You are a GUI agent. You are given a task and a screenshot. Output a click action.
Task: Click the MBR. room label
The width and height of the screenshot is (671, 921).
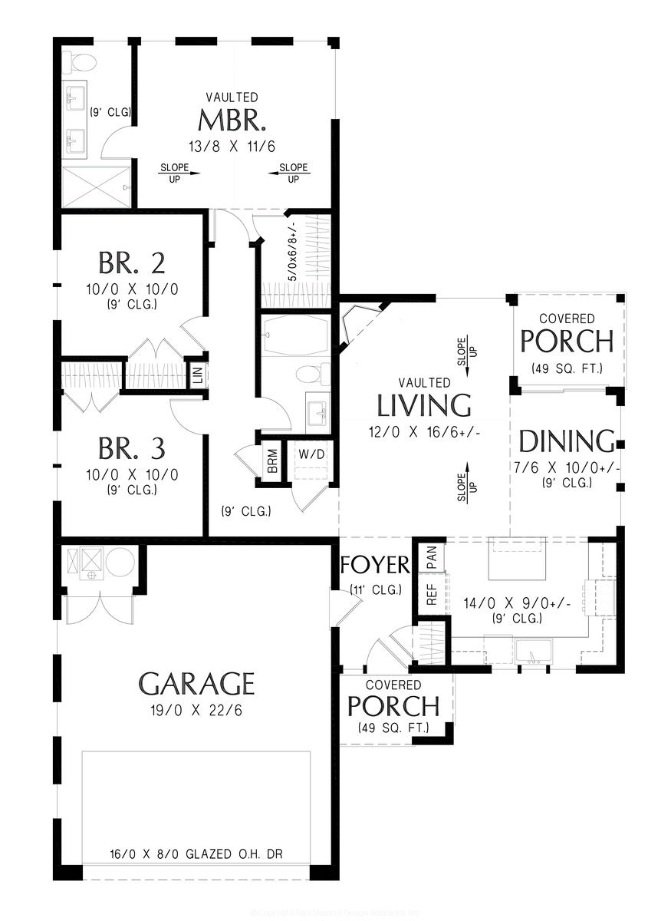[232, 121]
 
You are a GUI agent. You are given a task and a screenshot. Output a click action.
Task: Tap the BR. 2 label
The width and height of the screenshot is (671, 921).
[131, 262]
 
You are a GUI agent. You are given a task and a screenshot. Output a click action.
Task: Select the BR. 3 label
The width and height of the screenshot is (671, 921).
[131, 447]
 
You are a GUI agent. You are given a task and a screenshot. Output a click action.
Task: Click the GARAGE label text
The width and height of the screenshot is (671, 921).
[196, 682]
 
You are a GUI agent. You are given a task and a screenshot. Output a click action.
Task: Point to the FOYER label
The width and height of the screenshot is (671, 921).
[375, 565]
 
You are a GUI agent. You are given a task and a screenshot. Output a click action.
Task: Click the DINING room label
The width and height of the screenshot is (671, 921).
[567, 441]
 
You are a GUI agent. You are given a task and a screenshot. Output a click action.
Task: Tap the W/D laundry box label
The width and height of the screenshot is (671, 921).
[311, 454]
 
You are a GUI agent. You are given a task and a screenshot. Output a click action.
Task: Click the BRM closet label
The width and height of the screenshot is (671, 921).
[272, 460]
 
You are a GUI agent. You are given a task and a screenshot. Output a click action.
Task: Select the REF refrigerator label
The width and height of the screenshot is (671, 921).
[431, 595]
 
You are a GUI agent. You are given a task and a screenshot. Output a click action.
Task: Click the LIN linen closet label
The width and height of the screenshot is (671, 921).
[197, 375]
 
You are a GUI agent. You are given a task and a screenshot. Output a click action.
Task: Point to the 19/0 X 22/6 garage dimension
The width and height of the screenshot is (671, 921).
[196, 710]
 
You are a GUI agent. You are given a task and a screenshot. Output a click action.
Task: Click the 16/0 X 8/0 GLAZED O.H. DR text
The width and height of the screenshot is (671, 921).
[196, 853]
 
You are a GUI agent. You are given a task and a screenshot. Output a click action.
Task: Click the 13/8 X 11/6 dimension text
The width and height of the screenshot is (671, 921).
[232, 146]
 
